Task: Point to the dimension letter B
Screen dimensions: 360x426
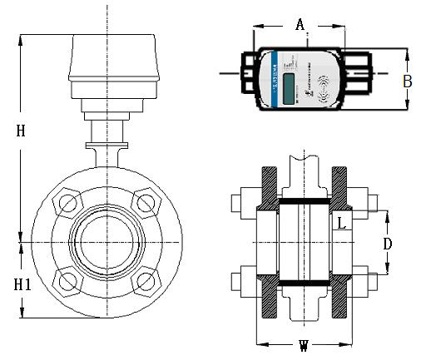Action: coord(408,81)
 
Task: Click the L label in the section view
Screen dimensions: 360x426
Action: coord(342,222)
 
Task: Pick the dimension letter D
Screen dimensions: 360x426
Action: coord(387,244)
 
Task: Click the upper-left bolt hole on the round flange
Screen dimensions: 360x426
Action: coord(66,202)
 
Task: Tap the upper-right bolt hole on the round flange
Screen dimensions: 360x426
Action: coord(146,202)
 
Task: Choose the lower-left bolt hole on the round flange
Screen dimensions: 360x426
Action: coord(66,281)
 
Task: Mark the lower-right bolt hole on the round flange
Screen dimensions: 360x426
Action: coord(146,281)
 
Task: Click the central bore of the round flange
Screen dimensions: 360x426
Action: coord(106,241)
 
